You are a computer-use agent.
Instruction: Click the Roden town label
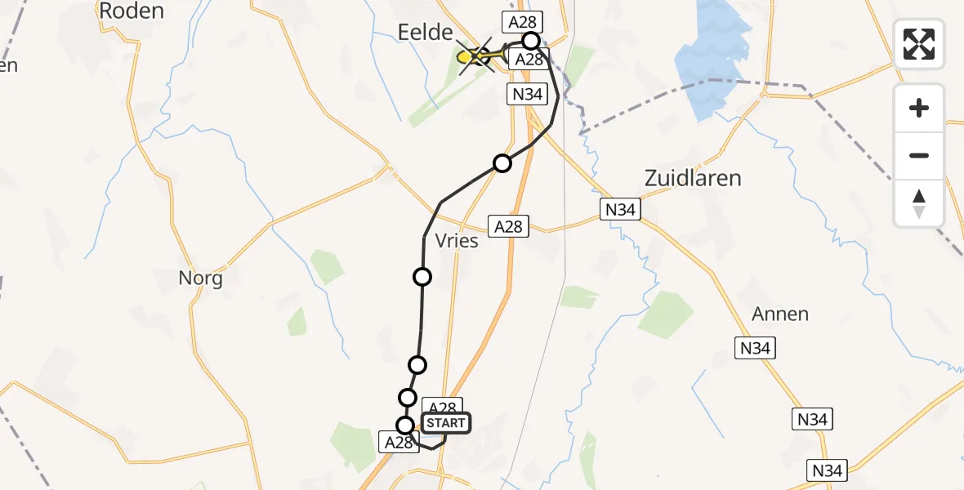click(131, 11)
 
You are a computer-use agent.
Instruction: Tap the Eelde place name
click(424, 33)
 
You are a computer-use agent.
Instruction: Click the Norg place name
click(200, 278)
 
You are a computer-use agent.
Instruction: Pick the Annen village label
click(780, 314)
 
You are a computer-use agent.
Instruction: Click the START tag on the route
click(445, 423)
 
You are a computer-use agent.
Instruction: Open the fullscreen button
click(919, 43)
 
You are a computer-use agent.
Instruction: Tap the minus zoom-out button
click(919, 155)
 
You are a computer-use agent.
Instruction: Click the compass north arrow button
click(919, 203)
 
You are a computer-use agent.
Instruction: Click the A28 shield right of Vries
click(508, 226)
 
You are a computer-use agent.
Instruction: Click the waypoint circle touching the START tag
click(405, 425)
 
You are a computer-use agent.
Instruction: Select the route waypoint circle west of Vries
click(422, 277)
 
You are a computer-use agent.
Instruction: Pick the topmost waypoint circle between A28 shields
click(531, 41)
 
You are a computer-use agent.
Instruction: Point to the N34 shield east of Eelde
click(526, 94)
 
